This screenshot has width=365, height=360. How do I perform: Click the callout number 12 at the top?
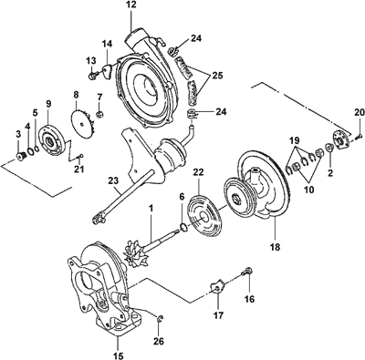pos(131,5)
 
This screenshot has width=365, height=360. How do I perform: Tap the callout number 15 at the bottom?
pos(119,355)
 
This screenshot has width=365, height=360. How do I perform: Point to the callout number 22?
pos(198,173)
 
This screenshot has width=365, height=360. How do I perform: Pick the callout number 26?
pos(159,341)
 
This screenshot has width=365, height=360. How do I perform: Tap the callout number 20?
pos(359,113)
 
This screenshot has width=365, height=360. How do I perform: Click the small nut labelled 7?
pos(99,115)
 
